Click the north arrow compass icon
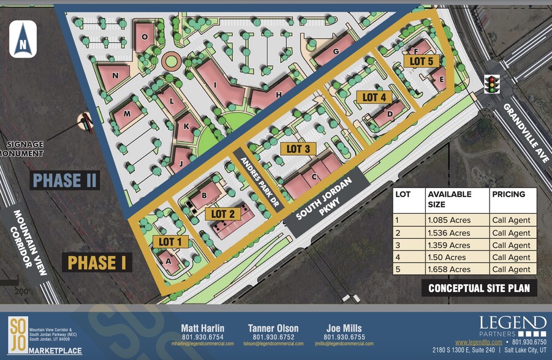23,39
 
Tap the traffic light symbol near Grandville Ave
491,84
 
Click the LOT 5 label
422,61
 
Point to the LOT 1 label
170,242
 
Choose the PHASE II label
66,180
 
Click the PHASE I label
97,263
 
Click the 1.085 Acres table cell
449,221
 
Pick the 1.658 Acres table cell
449,269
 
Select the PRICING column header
509,195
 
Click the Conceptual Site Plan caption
478,288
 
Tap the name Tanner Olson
274,328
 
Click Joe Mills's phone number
344,337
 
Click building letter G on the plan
336,53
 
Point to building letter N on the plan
116,75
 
